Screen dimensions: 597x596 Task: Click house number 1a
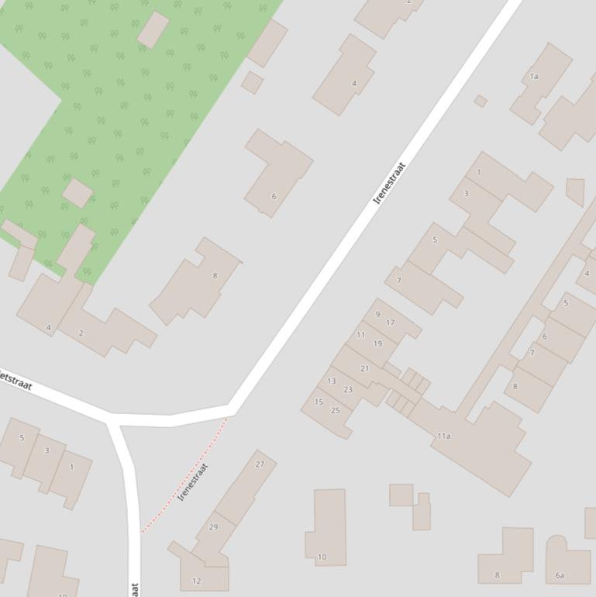click(x=533, y=77)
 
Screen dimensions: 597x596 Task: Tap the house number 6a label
click(x=560, y=575)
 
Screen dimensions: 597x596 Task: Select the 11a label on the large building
click(x=443, y=437)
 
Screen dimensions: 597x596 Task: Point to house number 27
click(x=260, y=464)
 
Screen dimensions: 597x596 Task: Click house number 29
click(x=213, y=527)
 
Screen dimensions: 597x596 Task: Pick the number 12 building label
click(x=196, y=581)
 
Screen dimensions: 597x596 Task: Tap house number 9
click(x=377, y=315)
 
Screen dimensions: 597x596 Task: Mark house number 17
click(x=390, y=323)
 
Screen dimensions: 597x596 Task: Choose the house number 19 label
click(x=377, y=343)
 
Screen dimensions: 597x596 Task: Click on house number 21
click(x=364, y=368)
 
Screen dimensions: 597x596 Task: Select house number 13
click(x=332, y=381)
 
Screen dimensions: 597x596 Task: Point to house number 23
click(x=348, y=390)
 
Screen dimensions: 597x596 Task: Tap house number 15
click(x=319, y=402)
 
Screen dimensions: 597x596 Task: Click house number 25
click(x=336, y=411)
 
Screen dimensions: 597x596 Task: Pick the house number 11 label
click(x=360, y=335)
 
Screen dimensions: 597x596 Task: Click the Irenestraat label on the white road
click(x=389, y=183)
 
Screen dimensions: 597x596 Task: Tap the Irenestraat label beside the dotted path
click(x=194, y=482)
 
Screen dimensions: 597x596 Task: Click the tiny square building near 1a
click(x=481, y=101)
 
